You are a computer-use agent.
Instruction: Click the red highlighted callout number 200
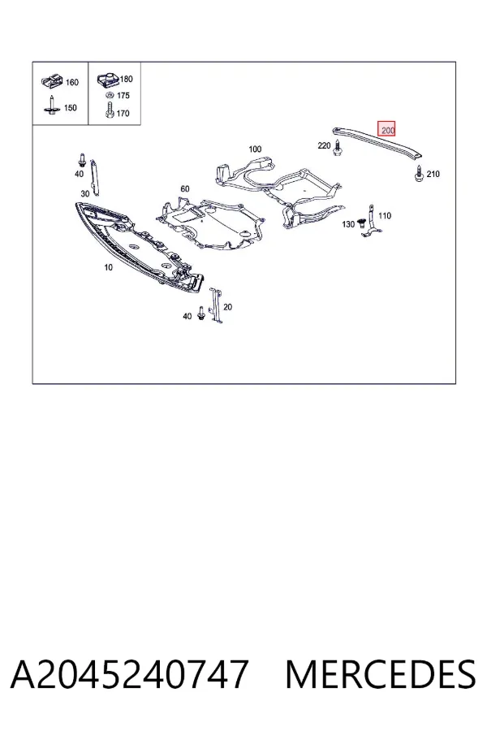coord(386,129)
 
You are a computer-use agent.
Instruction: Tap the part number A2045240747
coord(129,674)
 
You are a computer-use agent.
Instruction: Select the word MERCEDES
coord(381,674)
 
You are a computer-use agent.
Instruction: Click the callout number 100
coord(255,149)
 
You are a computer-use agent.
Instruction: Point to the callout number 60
coord(185,188)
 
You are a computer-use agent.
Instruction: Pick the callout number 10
coord(108,267)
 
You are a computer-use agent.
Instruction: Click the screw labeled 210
coord(419,174)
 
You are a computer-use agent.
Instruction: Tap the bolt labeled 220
coord(337,149)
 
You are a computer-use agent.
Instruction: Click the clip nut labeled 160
coord(52,81)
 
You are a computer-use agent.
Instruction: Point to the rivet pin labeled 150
coord(51,106)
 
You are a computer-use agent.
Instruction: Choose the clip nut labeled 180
coord(108,80)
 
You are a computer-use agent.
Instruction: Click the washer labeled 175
coord(110,96)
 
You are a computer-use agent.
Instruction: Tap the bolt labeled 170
coord(110,110)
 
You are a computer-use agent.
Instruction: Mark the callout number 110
coord(385,216)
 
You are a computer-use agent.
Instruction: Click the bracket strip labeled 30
coord(95,177)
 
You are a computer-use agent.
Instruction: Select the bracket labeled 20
coord(215,305)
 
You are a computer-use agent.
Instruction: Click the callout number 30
coord(84,194)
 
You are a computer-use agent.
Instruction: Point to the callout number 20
coord(227,307)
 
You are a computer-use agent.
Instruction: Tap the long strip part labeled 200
coord(377,141)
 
